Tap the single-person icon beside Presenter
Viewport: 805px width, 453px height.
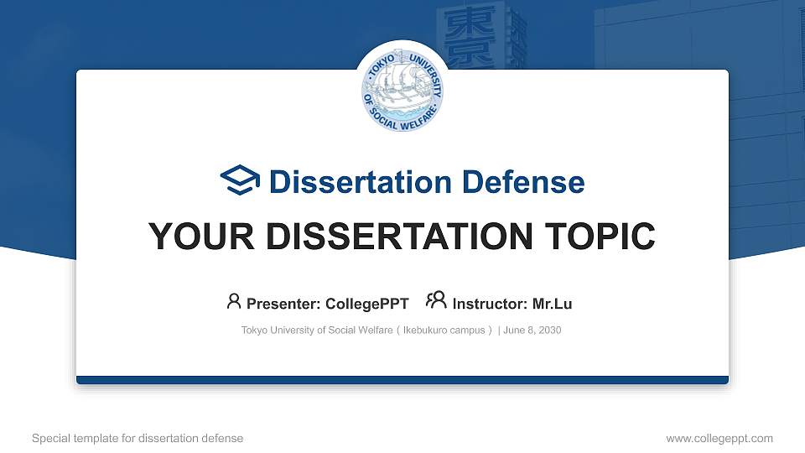point(234,300)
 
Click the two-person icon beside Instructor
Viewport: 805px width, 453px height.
point(436,300)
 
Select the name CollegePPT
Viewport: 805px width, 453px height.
point(367,304)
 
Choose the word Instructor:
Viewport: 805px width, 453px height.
point(490,304)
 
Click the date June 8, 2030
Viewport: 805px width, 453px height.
point(532,331)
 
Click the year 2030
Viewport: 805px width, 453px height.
point(549,331)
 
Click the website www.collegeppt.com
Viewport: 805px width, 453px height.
point(719,438)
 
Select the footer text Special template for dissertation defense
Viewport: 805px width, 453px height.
point(137,438)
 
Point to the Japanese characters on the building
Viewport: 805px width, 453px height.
point(461,29)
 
